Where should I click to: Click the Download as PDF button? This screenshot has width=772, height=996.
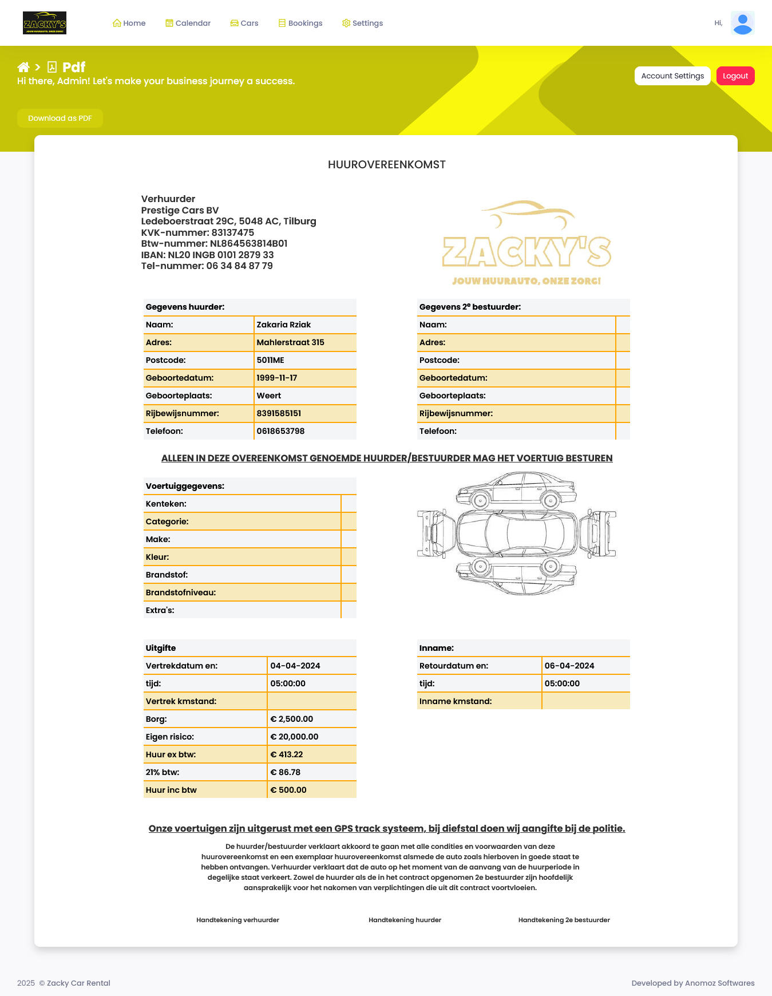tap(60, 118)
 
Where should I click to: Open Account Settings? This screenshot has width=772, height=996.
tap(672, 76)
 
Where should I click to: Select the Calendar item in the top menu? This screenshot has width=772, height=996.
tap(188, 23)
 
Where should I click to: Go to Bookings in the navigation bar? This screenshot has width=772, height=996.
tap(300, 23)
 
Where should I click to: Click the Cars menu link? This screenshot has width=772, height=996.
tap(244, 23)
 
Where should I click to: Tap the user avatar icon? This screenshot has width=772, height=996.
tap(742, 23)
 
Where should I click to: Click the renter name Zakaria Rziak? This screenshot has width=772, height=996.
tap(284, 325)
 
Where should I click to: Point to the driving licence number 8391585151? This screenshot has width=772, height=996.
tap(279, 413)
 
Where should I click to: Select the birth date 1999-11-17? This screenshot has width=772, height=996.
tap(277, 378)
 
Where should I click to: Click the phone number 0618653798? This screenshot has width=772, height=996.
tap(280, 431)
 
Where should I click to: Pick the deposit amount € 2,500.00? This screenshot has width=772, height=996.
tap(292, 719)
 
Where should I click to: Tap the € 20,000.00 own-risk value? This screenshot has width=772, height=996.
tap(294, 737)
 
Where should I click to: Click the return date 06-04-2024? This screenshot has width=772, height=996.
tap(569, 666)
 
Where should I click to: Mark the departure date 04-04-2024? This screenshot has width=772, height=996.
tap(295, 666)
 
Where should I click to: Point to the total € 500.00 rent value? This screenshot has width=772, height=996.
tap(288, 790)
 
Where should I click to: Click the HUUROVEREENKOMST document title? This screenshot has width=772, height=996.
tap(386, 165)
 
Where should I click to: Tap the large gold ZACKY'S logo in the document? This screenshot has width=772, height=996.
tap(526, 243)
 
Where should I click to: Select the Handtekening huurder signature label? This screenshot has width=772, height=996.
tap(405, 920)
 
